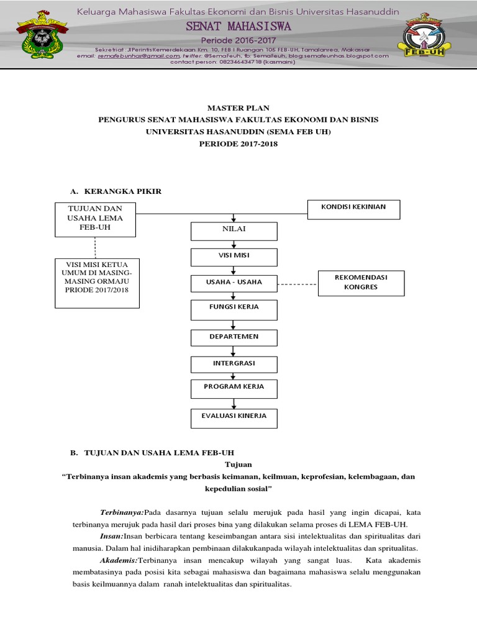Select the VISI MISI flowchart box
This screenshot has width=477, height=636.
(234, 257)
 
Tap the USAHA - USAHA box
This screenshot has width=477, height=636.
(234, 283)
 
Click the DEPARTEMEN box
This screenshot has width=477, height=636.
(234, 337)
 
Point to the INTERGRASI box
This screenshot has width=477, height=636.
(234, 364)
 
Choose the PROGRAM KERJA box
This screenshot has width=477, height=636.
(234, 388)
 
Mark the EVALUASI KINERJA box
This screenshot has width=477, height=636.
(234, 418)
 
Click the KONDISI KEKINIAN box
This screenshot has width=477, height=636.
(354, 209)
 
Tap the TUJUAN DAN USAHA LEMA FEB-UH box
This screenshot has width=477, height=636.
(94, 219)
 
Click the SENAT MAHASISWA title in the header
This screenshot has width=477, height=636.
(238, 27)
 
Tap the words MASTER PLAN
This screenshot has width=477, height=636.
(238, 108)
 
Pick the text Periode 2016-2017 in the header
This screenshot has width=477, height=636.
(238, 40)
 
